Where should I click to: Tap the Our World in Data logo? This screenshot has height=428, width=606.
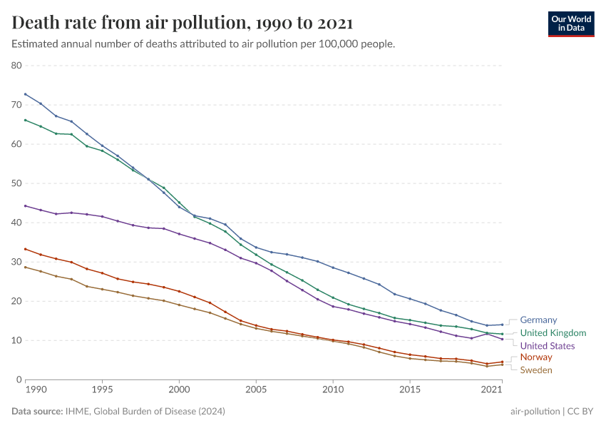570,24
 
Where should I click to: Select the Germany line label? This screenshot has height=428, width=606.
538,320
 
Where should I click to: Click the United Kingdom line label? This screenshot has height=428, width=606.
553,333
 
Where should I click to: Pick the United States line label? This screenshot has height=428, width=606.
547,346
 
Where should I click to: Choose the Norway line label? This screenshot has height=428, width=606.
536,357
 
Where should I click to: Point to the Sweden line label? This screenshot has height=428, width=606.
536,370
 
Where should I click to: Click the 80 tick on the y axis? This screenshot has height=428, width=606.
17,66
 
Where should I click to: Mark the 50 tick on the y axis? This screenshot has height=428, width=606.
17,183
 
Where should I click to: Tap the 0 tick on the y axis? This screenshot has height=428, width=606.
20,380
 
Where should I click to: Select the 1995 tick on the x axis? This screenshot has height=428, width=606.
102,390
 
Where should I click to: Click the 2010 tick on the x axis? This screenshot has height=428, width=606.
333,390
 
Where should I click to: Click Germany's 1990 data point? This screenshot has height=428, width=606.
25,94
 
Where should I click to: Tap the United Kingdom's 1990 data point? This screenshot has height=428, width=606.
25,120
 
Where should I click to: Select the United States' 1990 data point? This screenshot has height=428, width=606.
25,205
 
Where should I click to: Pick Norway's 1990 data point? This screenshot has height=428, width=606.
25,249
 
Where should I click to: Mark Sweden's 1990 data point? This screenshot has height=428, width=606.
25,267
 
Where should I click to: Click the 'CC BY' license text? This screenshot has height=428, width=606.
581,412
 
